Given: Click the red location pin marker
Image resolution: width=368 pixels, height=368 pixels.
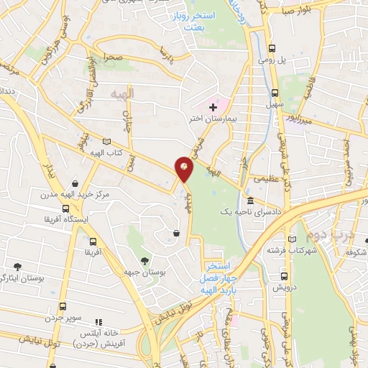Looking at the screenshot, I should click(185, 167).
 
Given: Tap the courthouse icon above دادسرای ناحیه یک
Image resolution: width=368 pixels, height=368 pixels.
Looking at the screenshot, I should click(249, 201).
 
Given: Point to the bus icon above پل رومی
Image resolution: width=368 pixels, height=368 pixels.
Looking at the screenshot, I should click(272, 49).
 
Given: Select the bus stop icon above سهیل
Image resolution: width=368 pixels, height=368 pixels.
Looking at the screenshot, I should click(275, 93).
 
